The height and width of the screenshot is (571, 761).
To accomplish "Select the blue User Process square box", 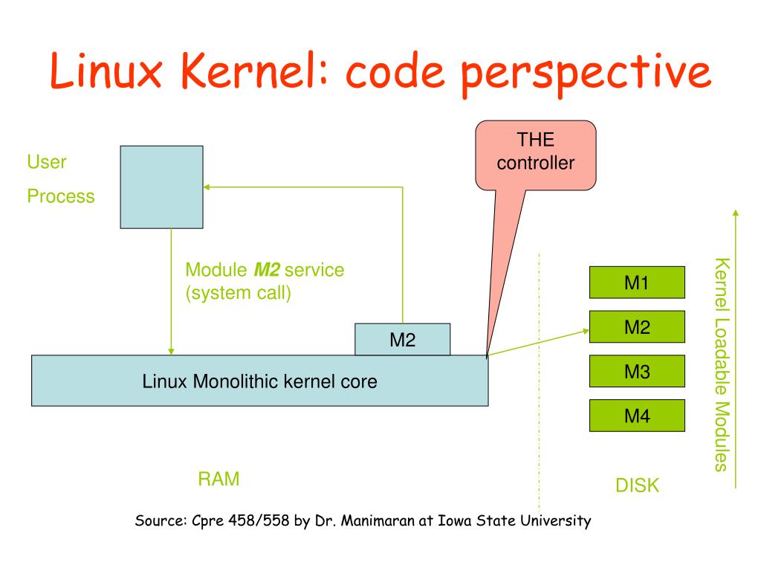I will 161,187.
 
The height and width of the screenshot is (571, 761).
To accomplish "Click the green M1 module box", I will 636,283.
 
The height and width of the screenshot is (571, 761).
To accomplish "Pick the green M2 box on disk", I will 636,327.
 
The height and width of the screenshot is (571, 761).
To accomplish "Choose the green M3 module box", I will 636,372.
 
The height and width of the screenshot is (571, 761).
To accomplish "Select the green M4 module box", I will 636,416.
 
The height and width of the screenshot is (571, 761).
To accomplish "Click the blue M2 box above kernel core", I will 402,340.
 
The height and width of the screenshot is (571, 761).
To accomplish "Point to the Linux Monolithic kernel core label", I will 259,382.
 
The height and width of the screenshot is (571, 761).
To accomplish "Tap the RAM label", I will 218,479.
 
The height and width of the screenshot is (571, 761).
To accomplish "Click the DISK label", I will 637,486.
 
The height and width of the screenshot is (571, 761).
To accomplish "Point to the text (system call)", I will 238,292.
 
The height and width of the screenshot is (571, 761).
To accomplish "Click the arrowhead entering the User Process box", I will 207,187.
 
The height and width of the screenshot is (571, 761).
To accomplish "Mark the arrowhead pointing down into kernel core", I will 171,350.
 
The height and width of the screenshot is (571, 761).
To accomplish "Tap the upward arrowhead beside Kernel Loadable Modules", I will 736,213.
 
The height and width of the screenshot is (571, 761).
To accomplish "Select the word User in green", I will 47,162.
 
